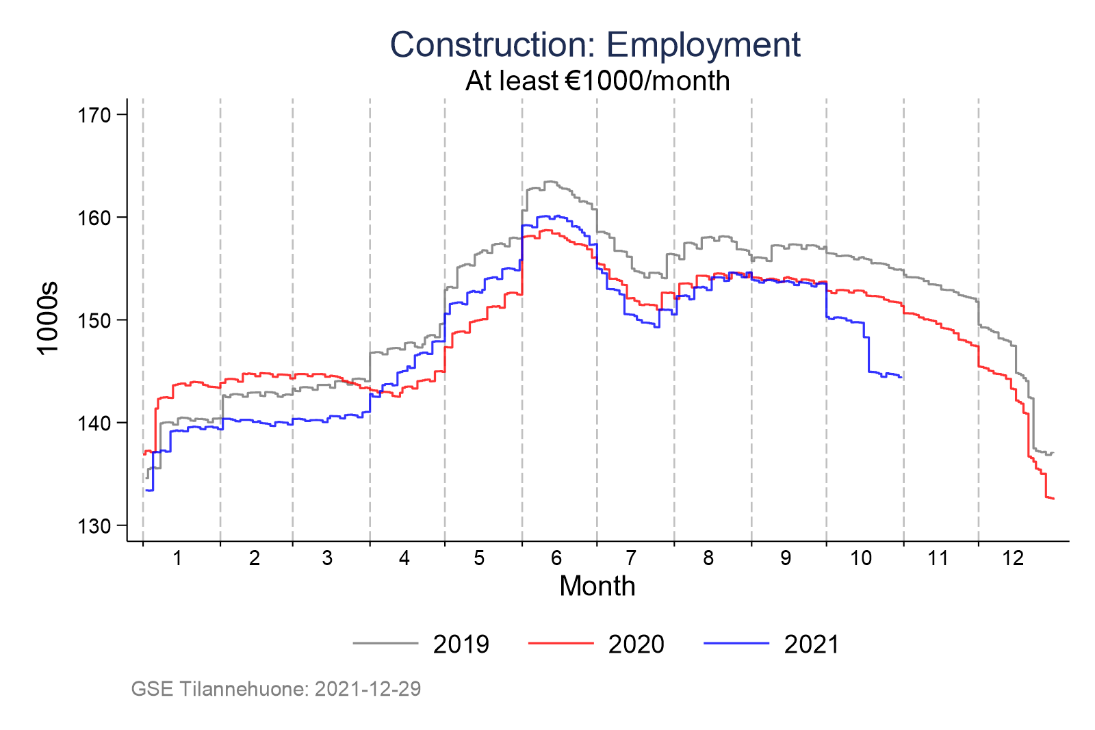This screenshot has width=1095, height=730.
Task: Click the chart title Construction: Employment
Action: coord(595,45)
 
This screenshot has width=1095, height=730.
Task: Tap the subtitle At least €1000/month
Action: coord(597,81)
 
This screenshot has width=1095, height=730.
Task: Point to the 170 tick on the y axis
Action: coord(94,115)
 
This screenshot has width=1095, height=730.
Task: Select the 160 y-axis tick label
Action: coord(94,218)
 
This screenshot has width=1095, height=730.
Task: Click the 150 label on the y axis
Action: coord(94,320)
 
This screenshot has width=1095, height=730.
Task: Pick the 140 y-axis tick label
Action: coord(94,423)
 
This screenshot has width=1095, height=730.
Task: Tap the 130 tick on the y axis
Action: coord(94,525)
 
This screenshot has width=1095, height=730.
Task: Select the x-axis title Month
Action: coord(597,586)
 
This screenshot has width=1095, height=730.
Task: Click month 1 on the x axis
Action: coord(177,558)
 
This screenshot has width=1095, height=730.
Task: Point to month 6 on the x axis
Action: coord(556,558)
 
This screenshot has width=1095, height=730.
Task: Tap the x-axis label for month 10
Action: coord(861,558)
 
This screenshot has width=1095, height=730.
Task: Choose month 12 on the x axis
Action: coord(1013,558)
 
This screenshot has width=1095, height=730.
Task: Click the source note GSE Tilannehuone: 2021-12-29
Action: coord(276,688)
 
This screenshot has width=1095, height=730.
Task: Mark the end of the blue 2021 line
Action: coord(901,378)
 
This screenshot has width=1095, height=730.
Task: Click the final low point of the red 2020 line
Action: coord(1054,499)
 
